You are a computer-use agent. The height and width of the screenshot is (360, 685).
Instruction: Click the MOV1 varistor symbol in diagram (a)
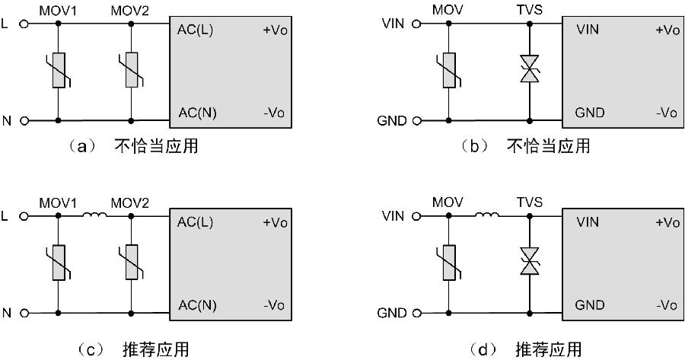[58, 71]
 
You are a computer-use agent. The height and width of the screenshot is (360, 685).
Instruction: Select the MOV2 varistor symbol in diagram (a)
[131, 71]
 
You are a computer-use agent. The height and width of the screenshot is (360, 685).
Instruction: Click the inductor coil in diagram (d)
[488, 217]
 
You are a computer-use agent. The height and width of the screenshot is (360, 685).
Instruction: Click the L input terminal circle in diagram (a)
[25, 24]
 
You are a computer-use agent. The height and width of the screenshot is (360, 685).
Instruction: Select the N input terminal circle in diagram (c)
[25, 312]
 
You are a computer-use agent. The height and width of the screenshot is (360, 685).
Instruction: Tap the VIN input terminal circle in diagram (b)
[416, 24]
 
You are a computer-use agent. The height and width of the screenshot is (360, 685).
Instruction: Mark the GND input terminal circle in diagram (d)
[416, 313]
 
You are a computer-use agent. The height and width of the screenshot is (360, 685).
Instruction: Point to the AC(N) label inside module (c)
[196, 305]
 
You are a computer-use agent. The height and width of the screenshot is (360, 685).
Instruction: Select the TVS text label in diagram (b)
[528, 11]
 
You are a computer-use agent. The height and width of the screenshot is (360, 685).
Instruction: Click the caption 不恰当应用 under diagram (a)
[156, 145]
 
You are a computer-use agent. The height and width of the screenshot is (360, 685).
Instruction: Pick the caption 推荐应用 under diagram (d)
[548, 349]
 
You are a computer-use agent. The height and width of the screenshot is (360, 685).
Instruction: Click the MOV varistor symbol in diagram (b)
[449, 71]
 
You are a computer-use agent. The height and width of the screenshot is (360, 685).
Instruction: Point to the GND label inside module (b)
[590, 113]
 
